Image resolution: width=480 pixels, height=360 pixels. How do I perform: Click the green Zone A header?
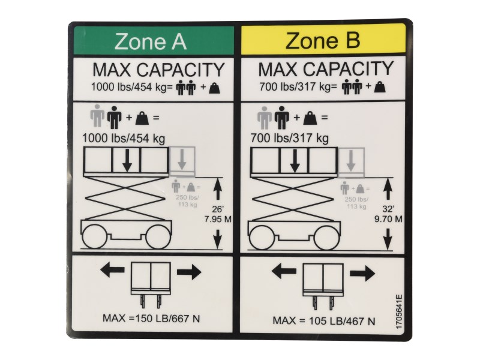click(154, 40)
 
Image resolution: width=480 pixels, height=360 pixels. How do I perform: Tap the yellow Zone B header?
click(323, 39)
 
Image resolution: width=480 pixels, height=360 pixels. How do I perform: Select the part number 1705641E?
click(399, 311)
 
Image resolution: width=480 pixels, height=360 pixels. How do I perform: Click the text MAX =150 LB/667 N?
click(151, 319)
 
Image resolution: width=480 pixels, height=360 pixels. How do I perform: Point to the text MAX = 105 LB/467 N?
click(323, 321)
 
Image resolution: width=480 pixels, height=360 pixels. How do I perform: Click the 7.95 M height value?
click(218, 219)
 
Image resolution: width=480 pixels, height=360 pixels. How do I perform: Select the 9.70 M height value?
click(388, 219)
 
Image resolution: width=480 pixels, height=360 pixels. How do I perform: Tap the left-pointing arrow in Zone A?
click(112, 270)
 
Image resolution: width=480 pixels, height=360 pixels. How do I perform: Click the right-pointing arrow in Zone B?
click(362, 272)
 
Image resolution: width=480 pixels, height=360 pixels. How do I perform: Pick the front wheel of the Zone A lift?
click(158, 237)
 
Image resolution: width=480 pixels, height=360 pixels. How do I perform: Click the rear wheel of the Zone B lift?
click(262, 238)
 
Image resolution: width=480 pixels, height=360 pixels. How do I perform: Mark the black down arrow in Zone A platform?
click(127, 160)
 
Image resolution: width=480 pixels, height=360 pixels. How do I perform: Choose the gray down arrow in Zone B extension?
click(351, 161)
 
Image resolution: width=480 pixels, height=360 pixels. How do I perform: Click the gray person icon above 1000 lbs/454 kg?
click(97, 116)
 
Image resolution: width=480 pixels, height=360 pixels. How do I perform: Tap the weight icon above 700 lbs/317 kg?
click(310, 118)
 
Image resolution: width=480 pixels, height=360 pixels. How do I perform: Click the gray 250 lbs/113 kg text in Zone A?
click(187, 201)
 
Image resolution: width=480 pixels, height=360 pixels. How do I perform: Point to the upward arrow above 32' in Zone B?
click(388, 190)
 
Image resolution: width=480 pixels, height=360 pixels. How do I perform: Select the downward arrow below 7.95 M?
click(218, 239)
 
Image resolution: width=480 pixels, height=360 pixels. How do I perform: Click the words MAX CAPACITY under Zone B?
click(325, 69)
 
